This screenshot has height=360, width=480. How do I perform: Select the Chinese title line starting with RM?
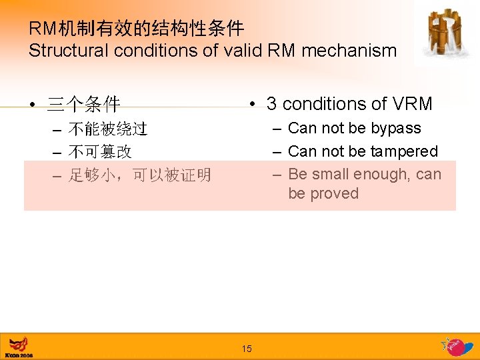pyautogui.click(x=136, y=29)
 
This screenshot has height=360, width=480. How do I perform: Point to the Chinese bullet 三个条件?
pyautogui.click(x=83, y=105)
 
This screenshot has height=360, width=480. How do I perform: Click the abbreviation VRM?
pyautogui.click(x=412, y=104)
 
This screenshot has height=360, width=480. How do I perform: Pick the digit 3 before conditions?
pyautogui.click(x=271, y=104)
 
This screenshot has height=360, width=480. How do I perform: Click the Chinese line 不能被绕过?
pyautogui.click(x=108, y=129)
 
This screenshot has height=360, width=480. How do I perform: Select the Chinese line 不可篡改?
pyautogui.click(x=100, y=152)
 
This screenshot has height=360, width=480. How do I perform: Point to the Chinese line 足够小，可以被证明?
pyautogui.click(x=139, y=175)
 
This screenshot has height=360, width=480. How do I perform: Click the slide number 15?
pyautogui.click(x=247, y=349)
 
